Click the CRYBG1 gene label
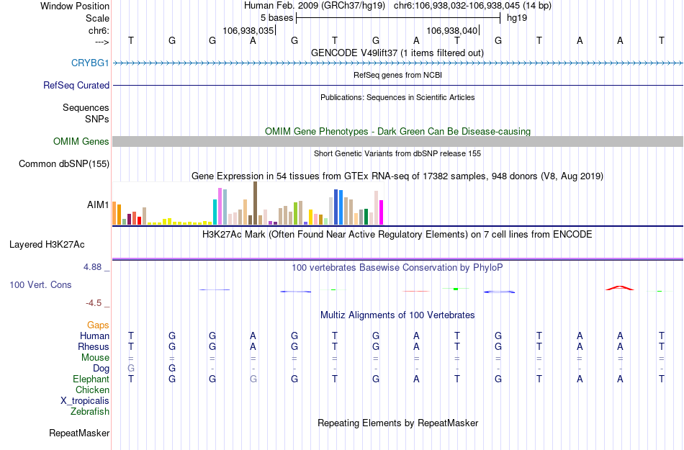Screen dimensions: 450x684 point(90,63)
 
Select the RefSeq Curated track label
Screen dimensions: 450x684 point(76,85)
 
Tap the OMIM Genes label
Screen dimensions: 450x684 point(81,142)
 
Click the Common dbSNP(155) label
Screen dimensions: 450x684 point(64,164)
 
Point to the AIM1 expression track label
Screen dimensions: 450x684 point(98,204)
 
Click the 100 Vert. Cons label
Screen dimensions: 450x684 point(40,285)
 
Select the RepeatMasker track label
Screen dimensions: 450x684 point(79,433)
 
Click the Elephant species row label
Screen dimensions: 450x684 point(91,379)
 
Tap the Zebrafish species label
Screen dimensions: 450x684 point(90,412)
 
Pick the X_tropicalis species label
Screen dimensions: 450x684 point(85,401)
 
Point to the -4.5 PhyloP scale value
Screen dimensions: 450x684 point(95,303)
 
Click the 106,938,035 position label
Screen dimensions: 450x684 point(248,31)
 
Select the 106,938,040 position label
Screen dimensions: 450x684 point(452,31)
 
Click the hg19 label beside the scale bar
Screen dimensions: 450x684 point(517,18)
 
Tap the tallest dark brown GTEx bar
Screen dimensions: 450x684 point(255,203)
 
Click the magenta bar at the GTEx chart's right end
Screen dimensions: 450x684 point(381,212)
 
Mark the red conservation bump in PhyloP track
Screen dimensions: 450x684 point(620,288)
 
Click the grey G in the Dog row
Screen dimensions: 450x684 point(131,369)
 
